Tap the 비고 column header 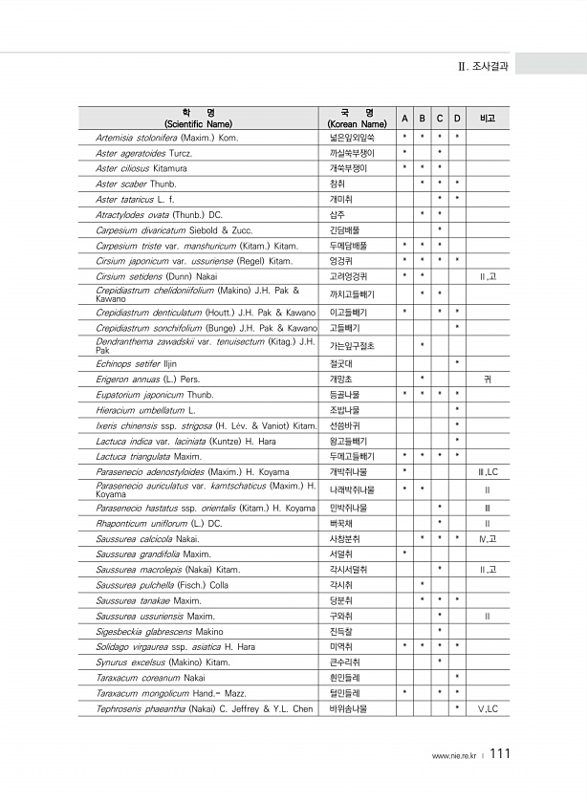[488, 118]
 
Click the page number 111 [500, 754]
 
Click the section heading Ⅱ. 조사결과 [484, 67]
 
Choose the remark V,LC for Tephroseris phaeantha [488, 708]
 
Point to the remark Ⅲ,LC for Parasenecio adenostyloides [488, 471]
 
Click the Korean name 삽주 [337, 214]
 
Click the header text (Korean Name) [357, 124]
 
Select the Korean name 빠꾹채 [341, 523]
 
